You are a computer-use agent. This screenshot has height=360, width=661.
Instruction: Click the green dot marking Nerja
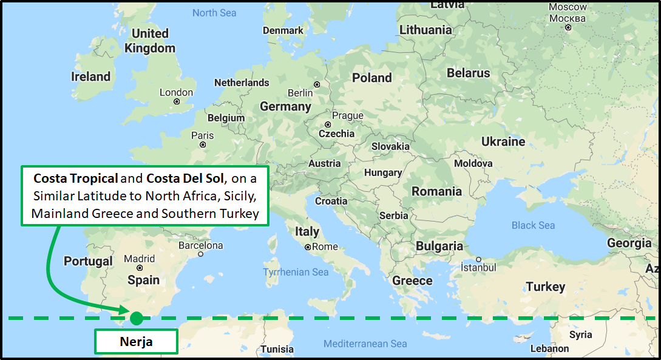[136, 318]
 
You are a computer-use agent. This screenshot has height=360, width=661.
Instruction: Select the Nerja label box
[135, 342]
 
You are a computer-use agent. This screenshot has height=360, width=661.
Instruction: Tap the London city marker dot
[177, 102]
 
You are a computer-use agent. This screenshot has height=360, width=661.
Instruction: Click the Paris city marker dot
[203, 144]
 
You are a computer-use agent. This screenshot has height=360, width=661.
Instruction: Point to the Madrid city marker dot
[140, 268]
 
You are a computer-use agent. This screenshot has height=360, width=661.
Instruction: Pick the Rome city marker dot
[308, 247]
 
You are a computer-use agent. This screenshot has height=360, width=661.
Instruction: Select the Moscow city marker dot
[568, 27]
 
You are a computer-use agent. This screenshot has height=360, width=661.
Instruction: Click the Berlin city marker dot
[317, 84]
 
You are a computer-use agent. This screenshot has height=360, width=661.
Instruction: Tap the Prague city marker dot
[328, 124]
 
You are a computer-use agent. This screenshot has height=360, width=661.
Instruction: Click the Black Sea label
[533, 225]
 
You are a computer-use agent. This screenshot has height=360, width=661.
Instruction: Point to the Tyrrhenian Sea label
[296, 273]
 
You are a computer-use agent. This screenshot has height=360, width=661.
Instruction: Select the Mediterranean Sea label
[365, 344]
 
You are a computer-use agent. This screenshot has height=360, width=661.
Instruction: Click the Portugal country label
[88, 261]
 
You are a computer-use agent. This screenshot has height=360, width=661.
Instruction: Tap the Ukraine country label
[503, 141]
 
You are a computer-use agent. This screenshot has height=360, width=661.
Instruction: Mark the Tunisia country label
[277, 349]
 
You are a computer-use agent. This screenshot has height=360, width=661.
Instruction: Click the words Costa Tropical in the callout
[76, 178]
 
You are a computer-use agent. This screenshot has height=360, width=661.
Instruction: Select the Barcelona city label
[200, 246]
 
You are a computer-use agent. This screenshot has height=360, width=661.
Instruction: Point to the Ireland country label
[90, 76]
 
